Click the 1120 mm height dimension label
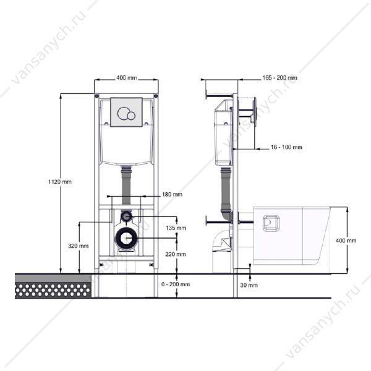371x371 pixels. (x=60, y=182)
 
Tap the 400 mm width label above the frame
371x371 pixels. (x=127, y=78)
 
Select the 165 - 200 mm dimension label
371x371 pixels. (x=280, y=78)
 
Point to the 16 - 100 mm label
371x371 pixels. (x=286, y=147)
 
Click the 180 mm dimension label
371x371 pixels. (x=173, y=195)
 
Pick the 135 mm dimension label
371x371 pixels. (x=176, y=228)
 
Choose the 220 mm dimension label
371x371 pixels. (x=176, y=254)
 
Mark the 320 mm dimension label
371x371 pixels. (x=79, y=246)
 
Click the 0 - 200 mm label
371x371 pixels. (x=176, y=284)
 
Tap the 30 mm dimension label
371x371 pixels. (x=249, y=285)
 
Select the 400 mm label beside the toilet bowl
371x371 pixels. (x=346, y=241)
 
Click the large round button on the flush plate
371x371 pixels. (x=124, y=113)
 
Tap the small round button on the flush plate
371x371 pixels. (x=131, y=116)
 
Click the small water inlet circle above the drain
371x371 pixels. (x=126, y=216)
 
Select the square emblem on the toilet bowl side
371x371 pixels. (x=271, y=223)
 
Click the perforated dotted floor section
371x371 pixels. (x=53, y=291)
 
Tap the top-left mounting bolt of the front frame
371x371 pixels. (x=96, y=96)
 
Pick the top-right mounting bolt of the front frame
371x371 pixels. (x=156, y=96)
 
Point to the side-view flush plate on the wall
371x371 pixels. (x=255, y=110)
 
